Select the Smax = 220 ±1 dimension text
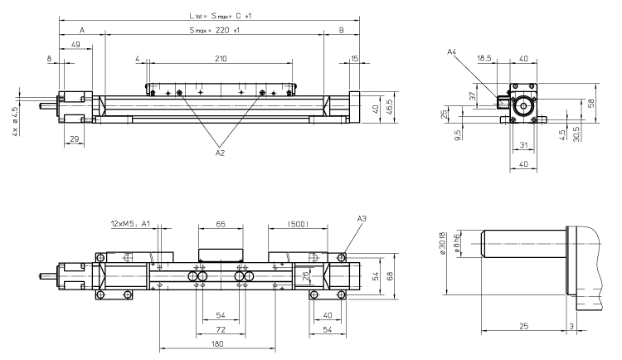click(x=213, y=31)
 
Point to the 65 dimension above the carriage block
click(x=220, y=223)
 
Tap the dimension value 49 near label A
click(x=76, y=44)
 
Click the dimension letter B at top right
click(x=342, y=31)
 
